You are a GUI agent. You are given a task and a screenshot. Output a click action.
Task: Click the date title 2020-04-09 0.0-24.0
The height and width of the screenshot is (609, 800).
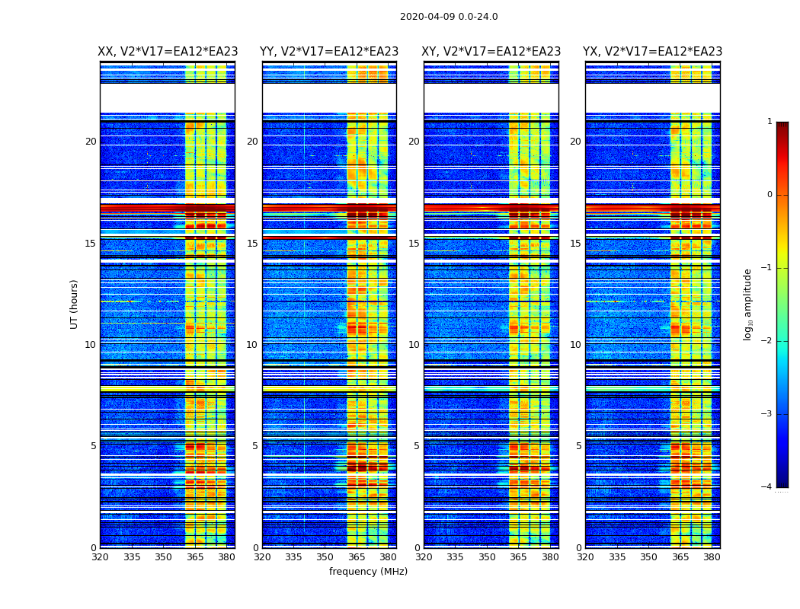coord(449,17)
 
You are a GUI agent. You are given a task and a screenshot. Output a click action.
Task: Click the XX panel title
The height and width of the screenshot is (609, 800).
coord(168,52)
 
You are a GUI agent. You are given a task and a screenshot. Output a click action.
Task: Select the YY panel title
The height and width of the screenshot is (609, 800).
coord(329,52)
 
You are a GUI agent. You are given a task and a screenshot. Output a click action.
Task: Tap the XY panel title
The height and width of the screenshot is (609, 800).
coord(491,52)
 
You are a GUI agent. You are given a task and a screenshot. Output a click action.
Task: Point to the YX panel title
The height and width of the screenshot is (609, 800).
coord(653,52)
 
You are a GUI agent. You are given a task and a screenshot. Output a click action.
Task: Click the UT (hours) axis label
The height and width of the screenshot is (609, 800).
coord(74,304)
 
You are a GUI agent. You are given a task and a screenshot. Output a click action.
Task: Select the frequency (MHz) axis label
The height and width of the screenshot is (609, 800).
coord(368,572)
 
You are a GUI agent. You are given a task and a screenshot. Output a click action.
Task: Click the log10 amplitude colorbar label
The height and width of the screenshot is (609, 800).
coord(748,304)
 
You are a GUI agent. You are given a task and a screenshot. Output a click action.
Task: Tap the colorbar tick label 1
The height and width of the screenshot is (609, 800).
coord(769,122)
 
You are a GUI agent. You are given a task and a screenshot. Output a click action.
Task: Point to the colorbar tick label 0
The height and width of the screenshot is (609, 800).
coord(769,195)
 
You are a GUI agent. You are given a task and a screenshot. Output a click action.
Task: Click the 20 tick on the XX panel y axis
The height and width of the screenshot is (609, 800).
coord(91,142)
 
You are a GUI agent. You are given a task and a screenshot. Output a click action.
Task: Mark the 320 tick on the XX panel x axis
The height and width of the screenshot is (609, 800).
coord(100,557)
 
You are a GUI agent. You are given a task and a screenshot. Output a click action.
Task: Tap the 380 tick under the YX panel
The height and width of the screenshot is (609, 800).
coord(712,557)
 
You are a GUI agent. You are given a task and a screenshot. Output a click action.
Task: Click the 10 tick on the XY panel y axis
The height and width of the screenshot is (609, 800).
coord(414,345)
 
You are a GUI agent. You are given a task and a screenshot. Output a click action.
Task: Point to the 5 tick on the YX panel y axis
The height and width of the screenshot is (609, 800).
coord(578,446)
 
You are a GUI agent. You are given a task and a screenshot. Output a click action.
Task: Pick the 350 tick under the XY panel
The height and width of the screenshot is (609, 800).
coord(487,557)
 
